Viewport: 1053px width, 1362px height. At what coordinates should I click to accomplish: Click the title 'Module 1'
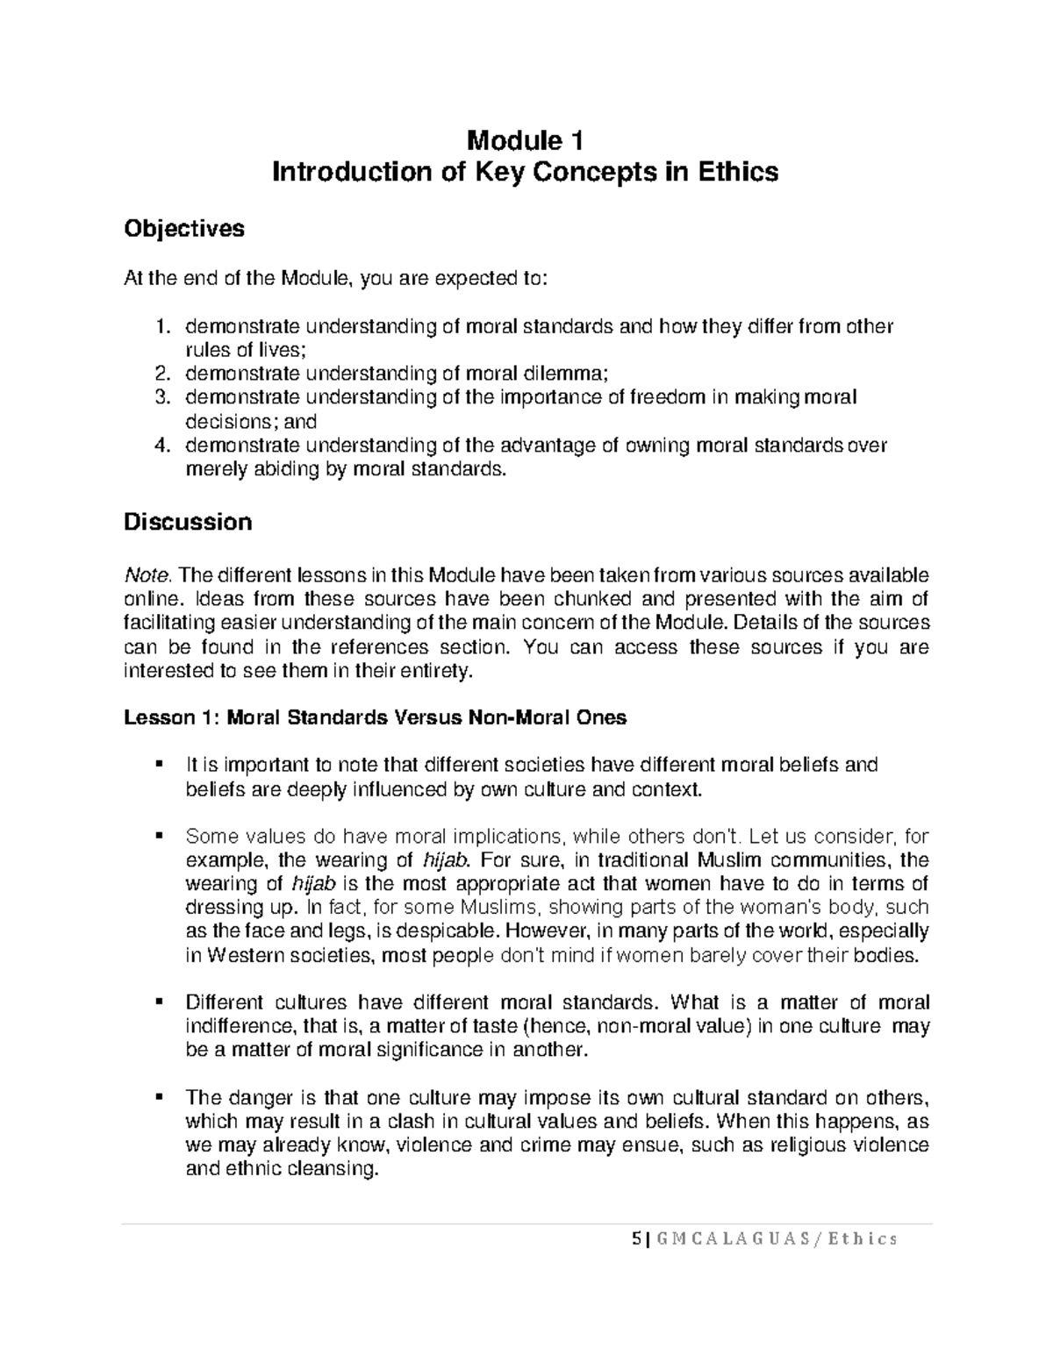tap(526, 140)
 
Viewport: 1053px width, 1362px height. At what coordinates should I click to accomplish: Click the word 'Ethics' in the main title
tap(737, 172)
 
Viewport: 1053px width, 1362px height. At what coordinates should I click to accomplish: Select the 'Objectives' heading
tap(183, 229)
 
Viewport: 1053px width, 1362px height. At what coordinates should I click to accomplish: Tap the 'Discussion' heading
tap(188, 523)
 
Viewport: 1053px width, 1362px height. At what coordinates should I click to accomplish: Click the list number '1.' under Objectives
tap(161, 327)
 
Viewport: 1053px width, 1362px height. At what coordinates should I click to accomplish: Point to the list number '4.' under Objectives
tap(161, 446)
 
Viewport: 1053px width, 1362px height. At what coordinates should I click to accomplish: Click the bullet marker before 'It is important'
tap(159, 765)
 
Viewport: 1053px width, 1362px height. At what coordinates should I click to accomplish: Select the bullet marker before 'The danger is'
tap(159, 1097)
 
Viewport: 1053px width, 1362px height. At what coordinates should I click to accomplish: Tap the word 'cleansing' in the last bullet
tap(334, 1169)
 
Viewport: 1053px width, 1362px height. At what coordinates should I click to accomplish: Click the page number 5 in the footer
tap(634, 1238)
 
